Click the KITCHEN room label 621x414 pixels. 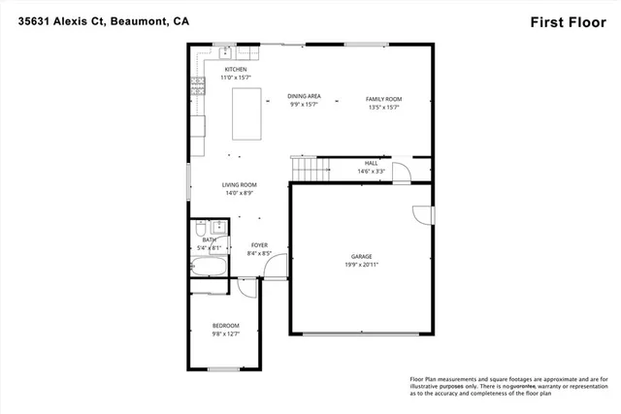tap(236, 70)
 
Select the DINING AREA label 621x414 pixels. tap(304, 96)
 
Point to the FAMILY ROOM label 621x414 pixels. tap(383, 99)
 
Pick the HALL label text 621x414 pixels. tap(371, 163)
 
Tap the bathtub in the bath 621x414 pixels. tap(208, 268)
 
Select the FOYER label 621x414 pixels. tap(259, 245)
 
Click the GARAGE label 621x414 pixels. tap(361, 256)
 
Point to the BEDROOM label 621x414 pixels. tap(225, 325)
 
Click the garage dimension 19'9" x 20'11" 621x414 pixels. tap(361, 265)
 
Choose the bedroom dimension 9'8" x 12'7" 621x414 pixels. tap(225, 334)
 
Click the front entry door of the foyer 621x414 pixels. tap(278, 263)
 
